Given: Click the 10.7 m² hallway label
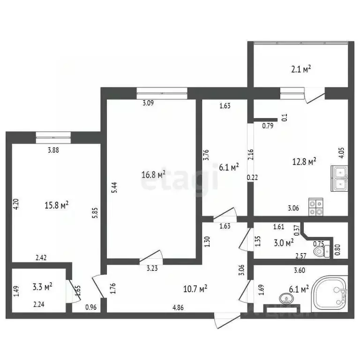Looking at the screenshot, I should tap(196, 288).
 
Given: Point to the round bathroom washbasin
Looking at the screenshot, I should tap(285, 298).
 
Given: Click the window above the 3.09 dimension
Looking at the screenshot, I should tap(162, 92).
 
